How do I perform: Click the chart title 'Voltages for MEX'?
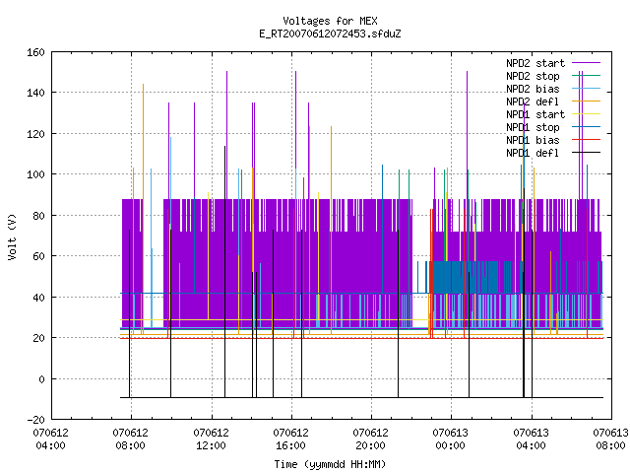pos(330,21)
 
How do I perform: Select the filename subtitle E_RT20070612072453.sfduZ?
pos(330,34)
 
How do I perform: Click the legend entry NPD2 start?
pos(535,63)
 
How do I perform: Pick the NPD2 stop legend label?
pos(533,76)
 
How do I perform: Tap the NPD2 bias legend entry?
pos(533,89)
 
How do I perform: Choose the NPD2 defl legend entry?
pos(533,101)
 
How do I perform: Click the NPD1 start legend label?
pos(535,114)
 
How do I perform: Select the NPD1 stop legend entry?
pos(533,127)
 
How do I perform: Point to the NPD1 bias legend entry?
pos(533,140)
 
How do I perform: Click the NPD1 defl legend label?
pos(533,154)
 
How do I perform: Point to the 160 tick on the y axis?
pos(35,52)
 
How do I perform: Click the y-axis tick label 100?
pos(35,174)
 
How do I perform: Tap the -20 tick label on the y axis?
pos(35,420)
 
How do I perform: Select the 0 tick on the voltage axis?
pos(41,378)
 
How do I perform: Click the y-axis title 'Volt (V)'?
pos(12,236)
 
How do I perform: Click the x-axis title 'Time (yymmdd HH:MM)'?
pos(330,464)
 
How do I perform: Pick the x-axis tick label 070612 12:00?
pos(212,439)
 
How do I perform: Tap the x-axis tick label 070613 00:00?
pos(451,439)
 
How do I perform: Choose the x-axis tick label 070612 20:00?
pos(370,439)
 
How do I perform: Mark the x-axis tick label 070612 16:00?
pos(291,439)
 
